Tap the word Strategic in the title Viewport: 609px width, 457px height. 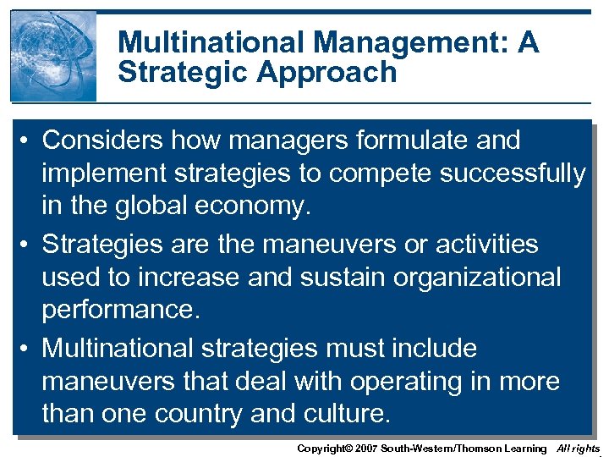click(x=185, y=73)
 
